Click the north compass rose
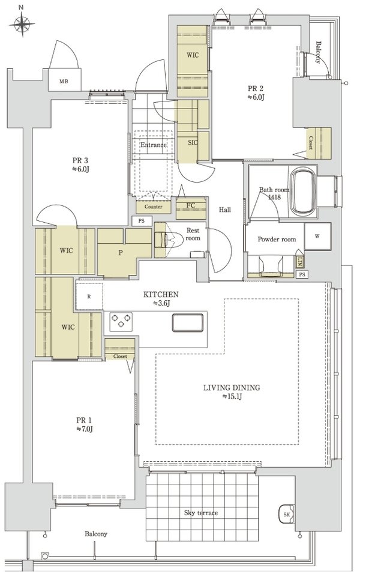pyautogui.click(x=22, y=25)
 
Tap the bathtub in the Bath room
pyautogui.click(x=303, y=191)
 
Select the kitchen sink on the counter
pyautogui.click(x=188, y=322)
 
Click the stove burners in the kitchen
pyautogui.click(x=121, y=321)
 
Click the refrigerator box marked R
pyautogui.click(x=89, y=296)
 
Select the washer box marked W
pyautogui.click(x=317, y=236)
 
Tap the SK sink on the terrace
pyautogui.click(x=286, y=514)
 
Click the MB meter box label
pyautogui.click(x=64, y=82)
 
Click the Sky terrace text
pyautogui.click(x=201, y=513)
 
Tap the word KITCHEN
pyautogui.click(x=161, y=294)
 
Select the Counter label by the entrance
pyautogui.click(x=153, y=207)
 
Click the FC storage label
pyautogui.click(x=191, y=205)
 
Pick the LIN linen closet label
pyautogui.click(x=299, y=262)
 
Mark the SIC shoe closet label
pyautogui.click(x=193, y=142)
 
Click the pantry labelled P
pyautogui.click(x=121, y=252)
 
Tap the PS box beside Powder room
pyautogui.click(x=302, y=274)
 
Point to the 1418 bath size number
pyautogui.click(x=274, y=197)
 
